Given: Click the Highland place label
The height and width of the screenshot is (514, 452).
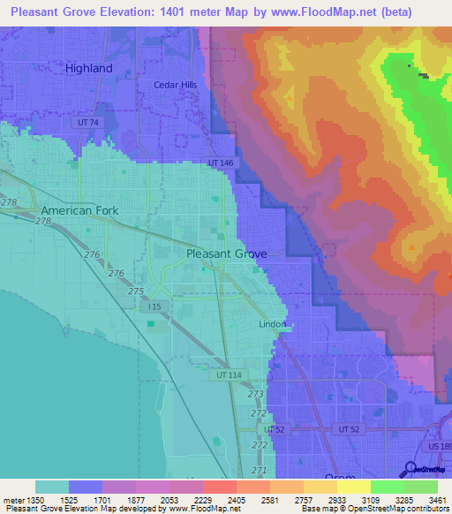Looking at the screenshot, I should pos(89,68).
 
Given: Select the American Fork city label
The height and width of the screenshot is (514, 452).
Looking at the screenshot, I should pos(79,211).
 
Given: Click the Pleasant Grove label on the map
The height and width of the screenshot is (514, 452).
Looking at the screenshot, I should pos(226,253).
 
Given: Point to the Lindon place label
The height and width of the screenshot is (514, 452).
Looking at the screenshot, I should pos(271,324).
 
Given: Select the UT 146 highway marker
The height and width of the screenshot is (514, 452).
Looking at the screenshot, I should pos(221,163).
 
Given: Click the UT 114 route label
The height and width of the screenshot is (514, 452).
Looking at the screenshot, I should pos(228,375).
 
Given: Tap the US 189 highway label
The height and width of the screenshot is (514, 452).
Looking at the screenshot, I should pos(439,449).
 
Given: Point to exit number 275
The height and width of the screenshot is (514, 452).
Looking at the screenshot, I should pos(136,291).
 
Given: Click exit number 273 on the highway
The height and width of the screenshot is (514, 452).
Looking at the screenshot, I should pos(256,394).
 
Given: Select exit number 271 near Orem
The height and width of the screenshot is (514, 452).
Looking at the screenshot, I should pos(259,470).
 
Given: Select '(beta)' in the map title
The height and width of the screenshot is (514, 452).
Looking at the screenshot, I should pos(412,12).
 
